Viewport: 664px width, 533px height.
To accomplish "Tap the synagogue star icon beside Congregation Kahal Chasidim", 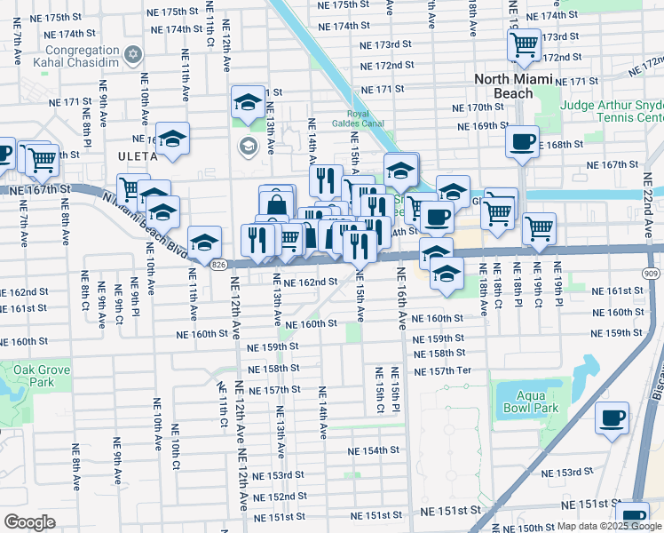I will pos(133,54).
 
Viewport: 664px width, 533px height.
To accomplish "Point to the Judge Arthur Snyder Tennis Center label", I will pos(612,111).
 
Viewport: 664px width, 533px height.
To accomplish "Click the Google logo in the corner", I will pos(29,522).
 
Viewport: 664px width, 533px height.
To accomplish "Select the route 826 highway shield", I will pos(218,264).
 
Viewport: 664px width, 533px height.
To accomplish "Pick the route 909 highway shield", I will pos(652,273).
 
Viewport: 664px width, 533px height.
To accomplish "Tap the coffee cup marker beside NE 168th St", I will pos(522,140).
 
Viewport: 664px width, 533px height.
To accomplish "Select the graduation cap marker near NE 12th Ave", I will pos(249,101).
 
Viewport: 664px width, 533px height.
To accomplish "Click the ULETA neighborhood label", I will pos(136,156).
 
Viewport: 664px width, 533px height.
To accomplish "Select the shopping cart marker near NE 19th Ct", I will pos(539,228).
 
